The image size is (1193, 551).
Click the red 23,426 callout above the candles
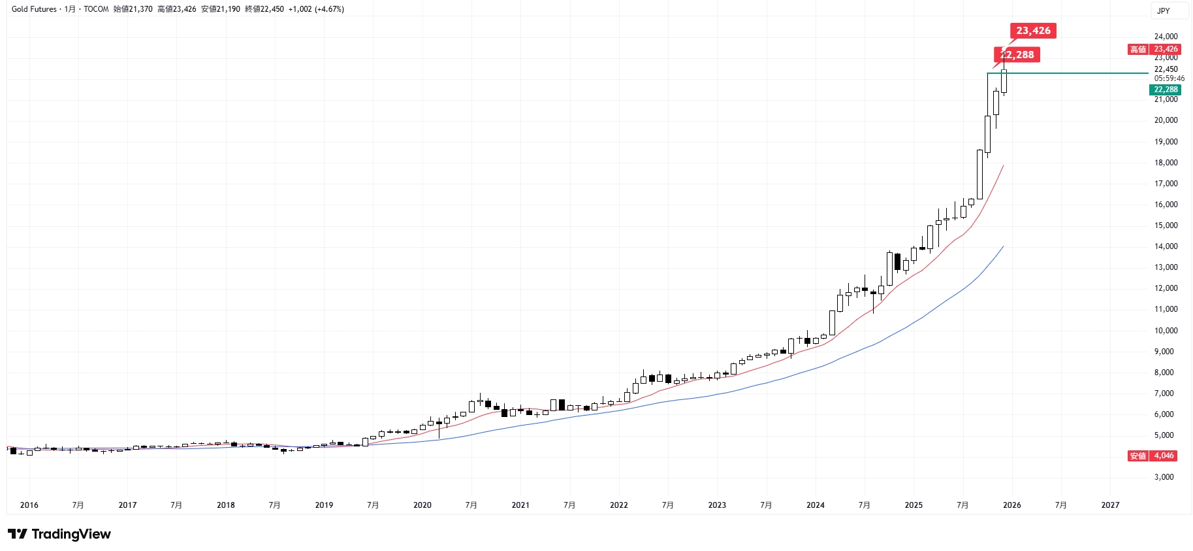click(1033, 31)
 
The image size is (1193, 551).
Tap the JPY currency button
click(1163, 10)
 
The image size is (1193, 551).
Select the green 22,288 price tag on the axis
click(1165, 90)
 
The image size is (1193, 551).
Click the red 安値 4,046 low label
click(1153, 456)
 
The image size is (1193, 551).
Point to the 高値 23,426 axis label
click(1154, 49)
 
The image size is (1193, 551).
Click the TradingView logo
click(59, 534)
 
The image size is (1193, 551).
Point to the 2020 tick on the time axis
click(422, 505)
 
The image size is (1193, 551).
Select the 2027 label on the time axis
click(1109, 505)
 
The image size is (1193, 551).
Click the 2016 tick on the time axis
click(29, 505)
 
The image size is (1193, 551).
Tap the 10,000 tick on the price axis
click(1166, 331)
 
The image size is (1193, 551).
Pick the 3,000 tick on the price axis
click(1164, 477)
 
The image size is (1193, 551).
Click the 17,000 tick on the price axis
click(1166, 184)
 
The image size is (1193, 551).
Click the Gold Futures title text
click(34, 9)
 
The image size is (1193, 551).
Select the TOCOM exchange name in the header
click(96, 9)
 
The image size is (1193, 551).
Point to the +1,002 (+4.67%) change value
click(316, 9)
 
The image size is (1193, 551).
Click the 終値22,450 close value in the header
click(264, 9)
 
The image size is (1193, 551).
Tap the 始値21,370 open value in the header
click(133, 9)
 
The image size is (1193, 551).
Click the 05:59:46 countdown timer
click(1169, 78)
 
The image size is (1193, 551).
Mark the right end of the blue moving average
click(1003, 246)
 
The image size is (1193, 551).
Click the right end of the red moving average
click(1003, 165)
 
